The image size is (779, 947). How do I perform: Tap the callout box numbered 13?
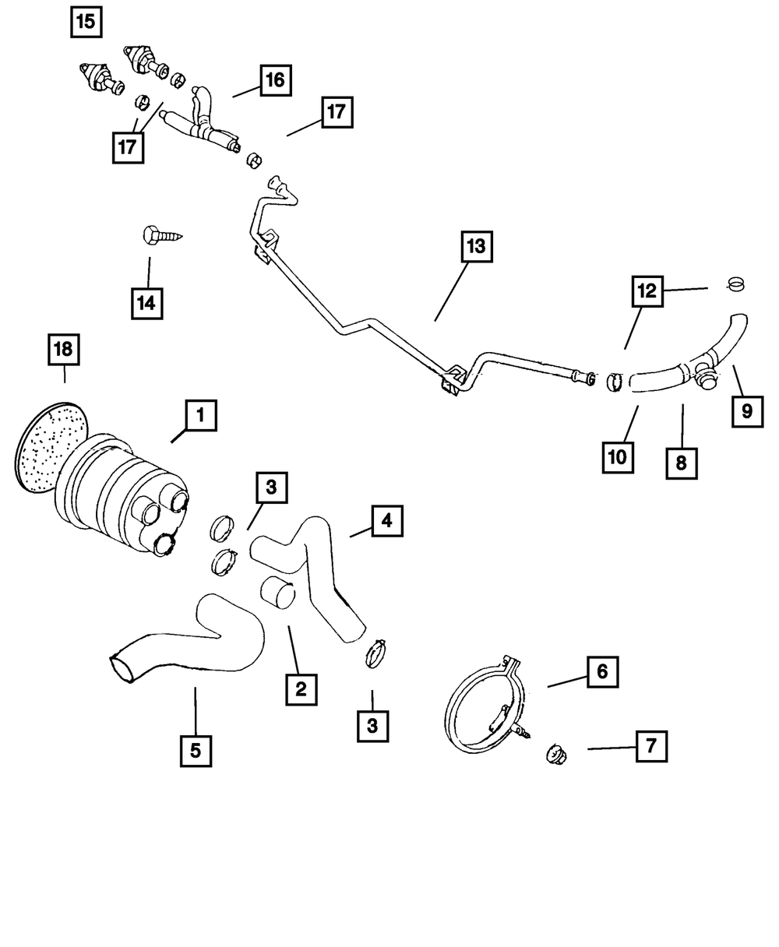tap(475, 248)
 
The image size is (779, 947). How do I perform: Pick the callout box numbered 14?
tap(147, 303)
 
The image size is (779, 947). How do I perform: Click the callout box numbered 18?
tap(63, 350)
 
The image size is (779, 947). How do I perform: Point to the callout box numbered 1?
tap(200, 416)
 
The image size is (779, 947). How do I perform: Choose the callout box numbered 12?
tap(647, 292)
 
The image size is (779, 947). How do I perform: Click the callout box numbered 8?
tap(682, 463)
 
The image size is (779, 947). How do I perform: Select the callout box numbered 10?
tap(618, 457)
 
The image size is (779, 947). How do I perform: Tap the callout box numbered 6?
tap(602, 671)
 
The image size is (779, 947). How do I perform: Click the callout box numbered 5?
tap(196, 750)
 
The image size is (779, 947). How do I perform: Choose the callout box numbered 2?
tap(301, 688)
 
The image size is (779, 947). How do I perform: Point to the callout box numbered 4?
tap(387, 521)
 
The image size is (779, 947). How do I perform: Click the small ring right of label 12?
tap(735, 283)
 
